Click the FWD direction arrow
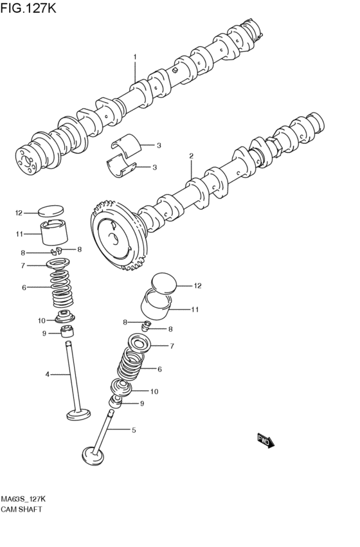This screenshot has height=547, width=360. tap(265, 440)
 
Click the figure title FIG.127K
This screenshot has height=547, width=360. tap(28, 8)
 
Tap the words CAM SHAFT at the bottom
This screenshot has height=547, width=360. tap(21, 509)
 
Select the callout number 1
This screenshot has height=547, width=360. tap(134, 57)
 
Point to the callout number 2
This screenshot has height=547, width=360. tap(191, 156)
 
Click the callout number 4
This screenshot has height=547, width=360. tap(47, 375)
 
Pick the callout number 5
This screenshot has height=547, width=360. tap(134, 430)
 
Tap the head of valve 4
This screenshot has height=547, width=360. tap(78, 415)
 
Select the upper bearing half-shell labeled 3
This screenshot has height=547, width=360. tap(126, 143)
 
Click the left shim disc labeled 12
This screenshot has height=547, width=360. tap(51, 211)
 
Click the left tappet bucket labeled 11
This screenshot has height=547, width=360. tap(54, 232)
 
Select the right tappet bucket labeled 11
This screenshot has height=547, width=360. tap(156, 305)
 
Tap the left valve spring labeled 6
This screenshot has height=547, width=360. tap(62, 289)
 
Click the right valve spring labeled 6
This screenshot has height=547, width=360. tap(130, 364)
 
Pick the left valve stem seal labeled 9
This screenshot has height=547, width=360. tap(67, 332)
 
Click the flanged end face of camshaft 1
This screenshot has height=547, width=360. tap(26, 161)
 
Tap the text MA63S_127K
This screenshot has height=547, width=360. tap(23, 499)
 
